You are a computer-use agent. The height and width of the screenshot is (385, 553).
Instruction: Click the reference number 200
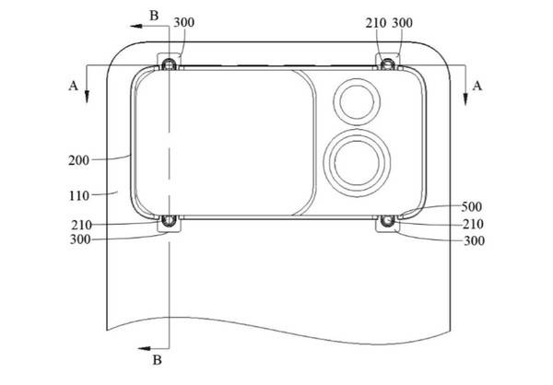coord(78,160)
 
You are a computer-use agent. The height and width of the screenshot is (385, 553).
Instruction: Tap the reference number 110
coord(79,195)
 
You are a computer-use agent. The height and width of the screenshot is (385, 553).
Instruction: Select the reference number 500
coord(472,206)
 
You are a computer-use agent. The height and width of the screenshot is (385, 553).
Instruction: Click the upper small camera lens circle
coord(357,101)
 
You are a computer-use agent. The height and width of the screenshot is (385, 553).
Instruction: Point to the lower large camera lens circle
coord(357,163)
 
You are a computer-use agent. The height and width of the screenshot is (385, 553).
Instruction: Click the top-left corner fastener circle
coord(169,64)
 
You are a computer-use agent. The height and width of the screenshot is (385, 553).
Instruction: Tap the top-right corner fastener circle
coord(388,64)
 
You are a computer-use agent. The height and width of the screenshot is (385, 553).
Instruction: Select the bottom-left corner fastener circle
coord(169,220)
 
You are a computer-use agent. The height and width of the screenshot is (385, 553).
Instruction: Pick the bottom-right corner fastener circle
coord(387,220)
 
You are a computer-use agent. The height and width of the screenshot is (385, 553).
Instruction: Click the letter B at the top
coord(154,16)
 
